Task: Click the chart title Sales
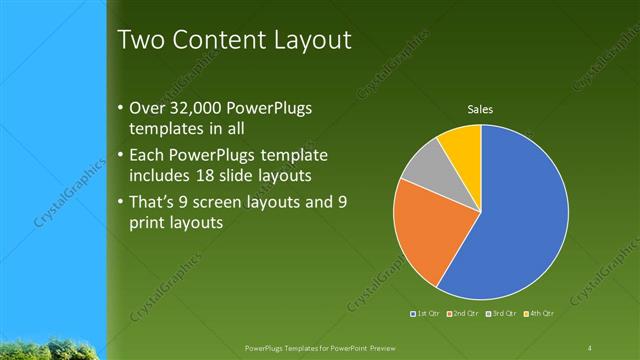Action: [481, 109]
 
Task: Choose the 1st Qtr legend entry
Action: [427, 315]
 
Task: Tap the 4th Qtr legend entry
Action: [539, 315]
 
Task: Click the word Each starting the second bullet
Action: [150, 155]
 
